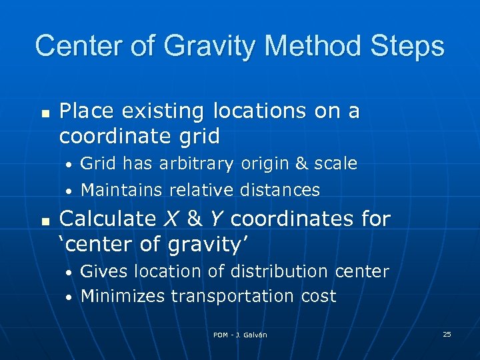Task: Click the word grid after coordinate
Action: pyautogui.click(x=195, y=137)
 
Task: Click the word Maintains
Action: pyautogui.click(x=121, y=190)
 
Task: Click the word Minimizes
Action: pyautogui.click(x=123, y=296)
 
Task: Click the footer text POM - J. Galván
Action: pyautogui.click(x=240, y=335)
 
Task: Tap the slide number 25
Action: pyautogui.click(x=447, y=334)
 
